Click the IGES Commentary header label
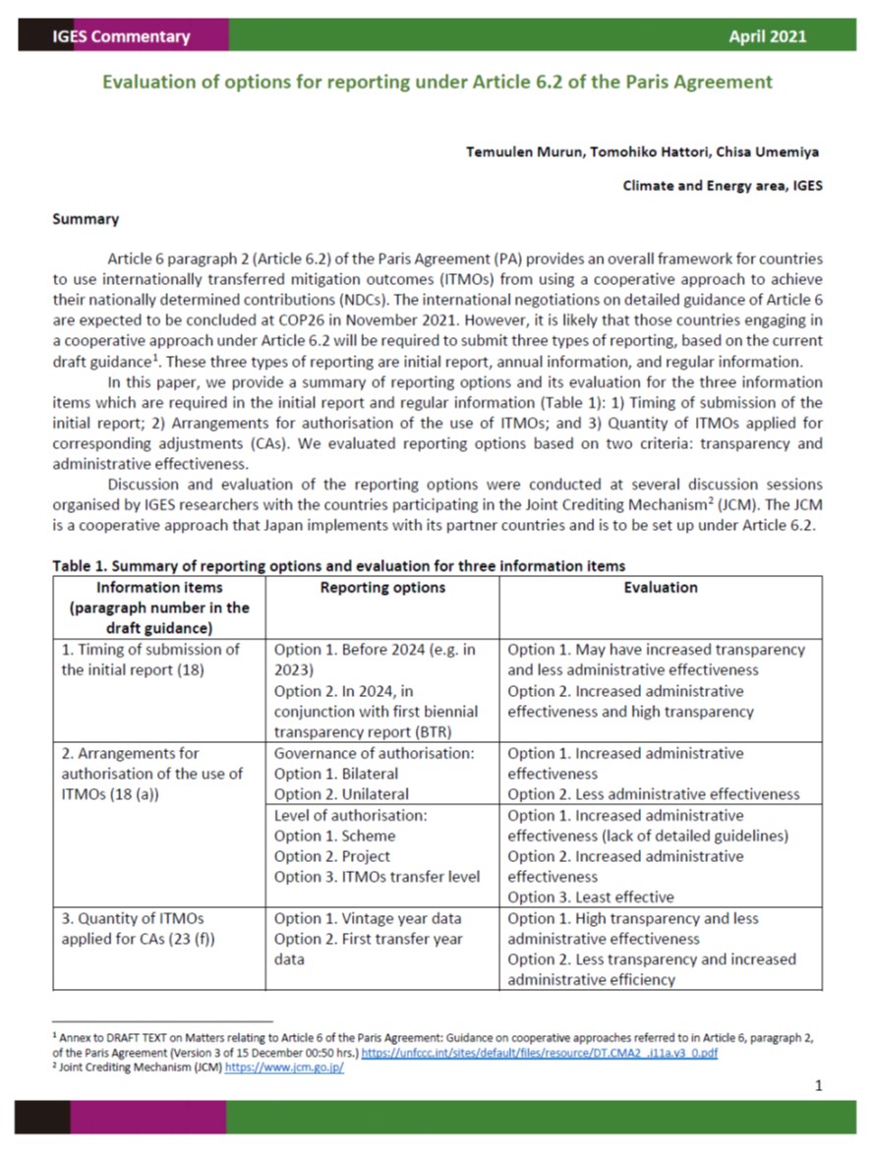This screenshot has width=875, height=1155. click(121, 36)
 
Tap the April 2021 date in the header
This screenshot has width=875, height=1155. click(767, 36)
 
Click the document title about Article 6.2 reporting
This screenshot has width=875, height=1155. click(437, 82)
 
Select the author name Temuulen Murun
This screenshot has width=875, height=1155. click(523, 151)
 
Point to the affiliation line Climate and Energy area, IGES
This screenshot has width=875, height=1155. click(723, 185)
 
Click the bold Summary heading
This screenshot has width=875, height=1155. click(86, 219)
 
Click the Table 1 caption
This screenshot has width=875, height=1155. click(338, 565)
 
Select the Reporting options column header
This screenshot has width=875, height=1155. click(382, 588)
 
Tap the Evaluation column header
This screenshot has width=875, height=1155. click(661, 588)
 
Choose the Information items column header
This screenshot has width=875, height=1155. click(158, 607)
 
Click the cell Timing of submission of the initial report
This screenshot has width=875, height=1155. click(150, 660)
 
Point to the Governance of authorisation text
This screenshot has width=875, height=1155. click(374, 753)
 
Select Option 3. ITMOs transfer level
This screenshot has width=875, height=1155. click(377, 877)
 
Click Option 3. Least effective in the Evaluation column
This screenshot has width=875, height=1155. click(591, 896)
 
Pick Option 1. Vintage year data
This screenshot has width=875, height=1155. click(368, 918)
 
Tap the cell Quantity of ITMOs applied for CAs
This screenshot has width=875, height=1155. click(138, 929)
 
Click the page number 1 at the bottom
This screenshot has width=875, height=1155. click(818, 1085)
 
